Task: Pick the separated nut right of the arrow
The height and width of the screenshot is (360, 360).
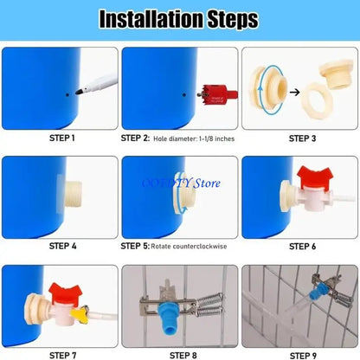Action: (x=332, y=91)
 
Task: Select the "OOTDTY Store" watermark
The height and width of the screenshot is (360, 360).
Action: (x=183, y=183)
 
